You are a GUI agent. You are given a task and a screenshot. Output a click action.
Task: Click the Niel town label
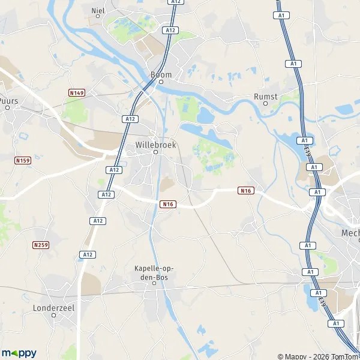[x=98, y=10]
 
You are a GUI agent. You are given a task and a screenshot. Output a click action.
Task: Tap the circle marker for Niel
[x=98, y=17]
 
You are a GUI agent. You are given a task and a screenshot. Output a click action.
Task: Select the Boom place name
[x=161, y=75]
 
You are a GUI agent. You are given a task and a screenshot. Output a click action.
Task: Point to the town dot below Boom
[x=161, y=82]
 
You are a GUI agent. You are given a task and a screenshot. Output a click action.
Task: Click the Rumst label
[x=266, y=96]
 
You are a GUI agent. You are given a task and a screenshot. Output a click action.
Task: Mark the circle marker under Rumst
[x=266, y=103]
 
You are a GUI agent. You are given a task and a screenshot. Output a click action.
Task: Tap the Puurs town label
[x=10, y=101]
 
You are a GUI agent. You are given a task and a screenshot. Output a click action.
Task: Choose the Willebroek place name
[x=155, y=145]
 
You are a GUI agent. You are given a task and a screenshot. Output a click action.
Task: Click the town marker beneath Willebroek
[x=155, y=152]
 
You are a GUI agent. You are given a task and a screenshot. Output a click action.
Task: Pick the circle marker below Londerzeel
[x=53, y=315]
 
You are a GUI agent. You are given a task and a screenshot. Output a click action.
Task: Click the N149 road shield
[x=76, y=92]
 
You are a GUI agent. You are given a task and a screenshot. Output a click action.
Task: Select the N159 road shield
[x=22, y=160]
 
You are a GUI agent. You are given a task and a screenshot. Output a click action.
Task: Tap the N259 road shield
[x=41, y=245]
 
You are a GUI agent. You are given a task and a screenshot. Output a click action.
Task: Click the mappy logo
[x=20, y=353]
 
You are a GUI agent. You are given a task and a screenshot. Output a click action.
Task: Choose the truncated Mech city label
[x=350, y=233]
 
